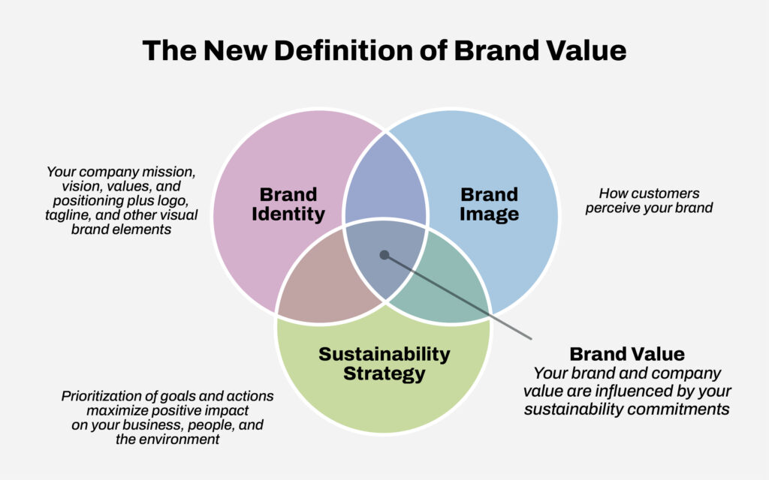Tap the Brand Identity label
pos(288,204)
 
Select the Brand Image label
pos(489,204)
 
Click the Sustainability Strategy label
pos(384,364)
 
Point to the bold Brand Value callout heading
pos(627,354)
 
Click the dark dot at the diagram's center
pos(384,255)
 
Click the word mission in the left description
pos(169,172)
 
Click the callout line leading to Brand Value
pos(458,297)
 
